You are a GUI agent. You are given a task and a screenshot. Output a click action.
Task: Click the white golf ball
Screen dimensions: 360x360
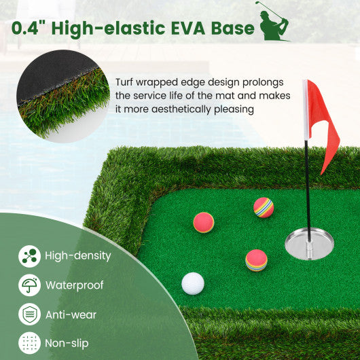click(193, 283)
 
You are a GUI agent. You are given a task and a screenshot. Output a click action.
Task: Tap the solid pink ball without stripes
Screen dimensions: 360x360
click(203, 222)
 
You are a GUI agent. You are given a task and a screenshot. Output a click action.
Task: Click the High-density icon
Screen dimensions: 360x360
click(29, 256)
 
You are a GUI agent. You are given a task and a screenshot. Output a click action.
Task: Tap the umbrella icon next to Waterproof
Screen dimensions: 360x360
click(29, 285)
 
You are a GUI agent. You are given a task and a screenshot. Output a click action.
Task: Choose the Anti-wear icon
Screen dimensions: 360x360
click(29, 314)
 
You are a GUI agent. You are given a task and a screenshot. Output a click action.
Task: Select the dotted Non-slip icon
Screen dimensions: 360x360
click(29, 344)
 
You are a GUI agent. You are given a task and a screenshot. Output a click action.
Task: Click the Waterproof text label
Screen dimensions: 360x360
click(75, 285)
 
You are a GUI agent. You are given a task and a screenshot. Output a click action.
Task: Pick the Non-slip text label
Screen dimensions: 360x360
click(67, 344)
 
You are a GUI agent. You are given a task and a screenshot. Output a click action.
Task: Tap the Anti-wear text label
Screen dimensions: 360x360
click(71, 314)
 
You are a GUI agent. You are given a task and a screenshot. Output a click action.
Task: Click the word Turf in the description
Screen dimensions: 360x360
click(126, 82)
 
